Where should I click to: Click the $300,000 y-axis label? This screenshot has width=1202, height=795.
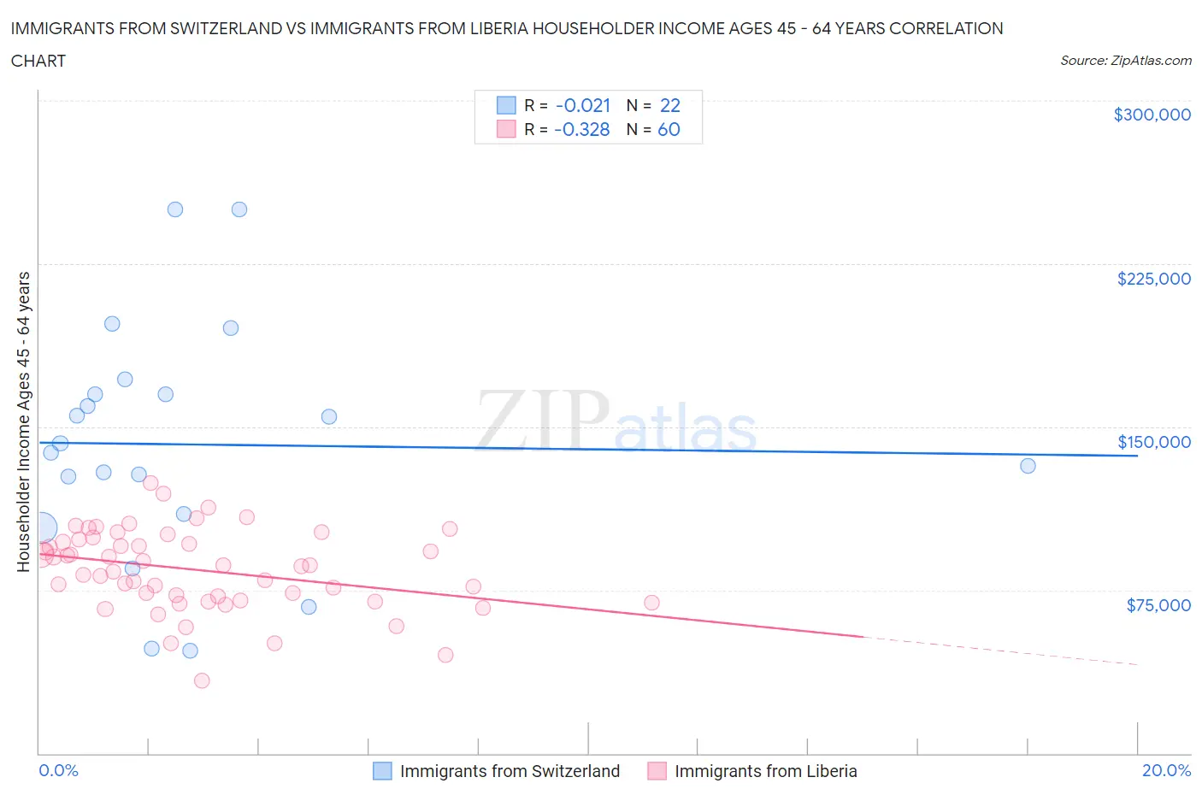[x=1152, y=115]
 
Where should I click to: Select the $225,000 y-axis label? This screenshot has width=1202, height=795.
[x=1153, y=279]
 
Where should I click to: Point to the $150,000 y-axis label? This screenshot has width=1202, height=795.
[x=1153, y=442]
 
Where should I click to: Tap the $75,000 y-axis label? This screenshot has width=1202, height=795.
[x=1158, y=605]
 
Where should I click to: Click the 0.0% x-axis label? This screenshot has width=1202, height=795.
[x=58, y=770]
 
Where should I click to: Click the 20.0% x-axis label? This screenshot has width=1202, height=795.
[x=1166, y=770]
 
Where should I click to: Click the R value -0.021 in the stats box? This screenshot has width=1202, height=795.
[x=583, y=105]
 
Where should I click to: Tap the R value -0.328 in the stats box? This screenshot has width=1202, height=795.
[x=582, y=129]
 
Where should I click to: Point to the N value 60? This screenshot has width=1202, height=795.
[x=669, y=129]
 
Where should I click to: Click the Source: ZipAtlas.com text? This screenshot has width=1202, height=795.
[x=1125, y=61]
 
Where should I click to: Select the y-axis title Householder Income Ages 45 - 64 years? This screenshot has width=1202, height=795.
[x=23, y=421]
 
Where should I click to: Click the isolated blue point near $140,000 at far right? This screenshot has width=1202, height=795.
[x=1028, y=466]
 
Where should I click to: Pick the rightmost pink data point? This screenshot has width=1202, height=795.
[x=651, y=603]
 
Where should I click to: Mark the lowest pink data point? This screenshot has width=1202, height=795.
[x=202, y=680]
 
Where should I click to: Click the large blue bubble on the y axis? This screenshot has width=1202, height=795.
[x=40, y=527]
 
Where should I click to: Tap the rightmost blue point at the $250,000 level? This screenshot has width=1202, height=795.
[x=239, y=209]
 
